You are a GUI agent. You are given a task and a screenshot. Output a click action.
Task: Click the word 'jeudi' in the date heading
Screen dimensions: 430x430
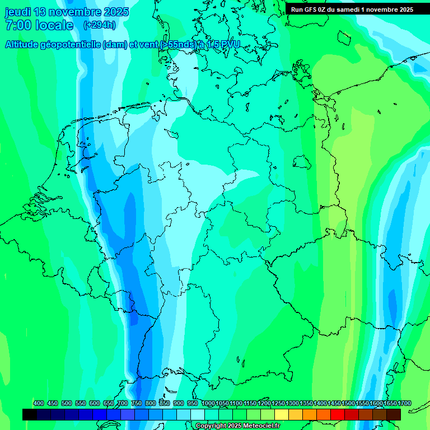pyautogui.click(x=18, y=12)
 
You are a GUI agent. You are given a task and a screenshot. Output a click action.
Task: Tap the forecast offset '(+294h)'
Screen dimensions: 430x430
pyautogui.click(x=100, y=25)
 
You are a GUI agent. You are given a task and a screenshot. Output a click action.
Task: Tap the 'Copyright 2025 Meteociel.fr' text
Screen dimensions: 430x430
pyautogui.click(x=237, y=426)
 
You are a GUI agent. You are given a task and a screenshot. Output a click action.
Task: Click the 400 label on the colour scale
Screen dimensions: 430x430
pyautogui.click(x=38, y=403)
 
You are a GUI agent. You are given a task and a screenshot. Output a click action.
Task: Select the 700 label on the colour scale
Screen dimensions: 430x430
pyautogui.click(x=122, y=403)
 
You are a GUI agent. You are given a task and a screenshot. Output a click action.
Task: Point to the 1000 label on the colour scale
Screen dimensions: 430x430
pyautogui.click(x=208, y=403)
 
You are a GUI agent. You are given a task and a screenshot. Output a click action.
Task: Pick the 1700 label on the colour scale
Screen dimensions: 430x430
pyautogui.click(x=404, y=403)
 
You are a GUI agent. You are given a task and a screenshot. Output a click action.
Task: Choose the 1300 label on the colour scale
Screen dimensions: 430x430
pyautogui.click(x=292, y=403)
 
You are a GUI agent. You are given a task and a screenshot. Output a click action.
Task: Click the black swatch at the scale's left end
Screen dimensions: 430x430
pyautogui.click(x=30, y=414)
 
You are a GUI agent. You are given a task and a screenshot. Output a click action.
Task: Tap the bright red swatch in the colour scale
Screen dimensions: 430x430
pyautogui.click(x=338, y=414)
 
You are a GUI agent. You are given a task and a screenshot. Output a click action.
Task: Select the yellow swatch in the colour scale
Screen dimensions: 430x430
pyautogui.click(x=282, y=414)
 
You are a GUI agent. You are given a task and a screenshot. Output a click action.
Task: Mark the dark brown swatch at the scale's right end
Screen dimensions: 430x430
pyautogui.click(x=394, y=414)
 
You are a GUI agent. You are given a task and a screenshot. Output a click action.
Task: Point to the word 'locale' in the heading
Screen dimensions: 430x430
pyautogui.click(x=54, y=25)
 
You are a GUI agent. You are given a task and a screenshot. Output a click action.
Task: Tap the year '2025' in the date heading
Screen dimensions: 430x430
pyautogui.click(x=115, y=12)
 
